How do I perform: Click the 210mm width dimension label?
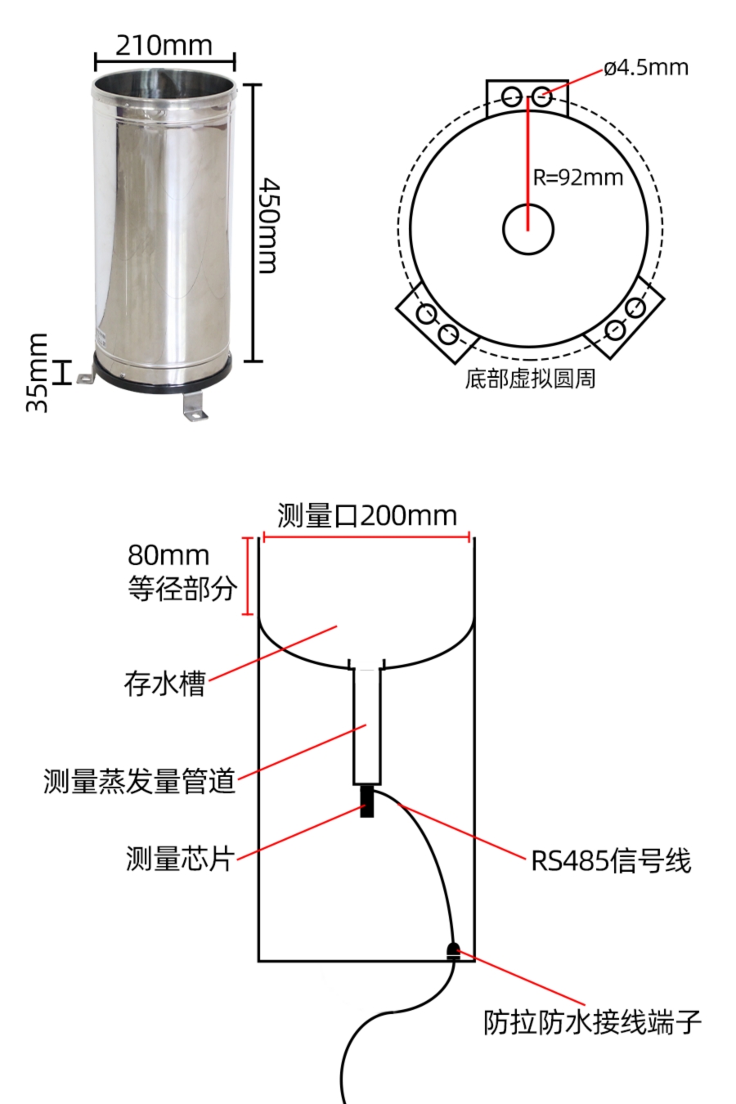click(164, 45)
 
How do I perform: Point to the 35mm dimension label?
click(38, 372)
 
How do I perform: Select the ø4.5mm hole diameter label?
click(645, 67)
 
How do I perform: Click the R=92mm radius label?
click(578, 177)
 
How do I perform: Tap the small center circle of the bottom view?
click(528, 229)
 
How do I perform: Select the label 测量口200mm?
click(366, 516)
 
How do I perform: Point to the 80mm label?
click(168, 555)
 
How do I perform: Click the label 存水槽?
click(164, 684)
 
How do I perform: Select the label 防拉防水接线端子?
click(592, 1022)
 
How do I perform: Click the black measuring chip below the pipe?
click(367, 801)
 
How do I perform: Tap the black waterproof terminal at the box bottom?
click(453, 950)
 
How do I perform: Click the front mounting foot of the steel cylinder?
click(194, 408)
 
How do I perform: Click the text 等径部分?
click(182, 589)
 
